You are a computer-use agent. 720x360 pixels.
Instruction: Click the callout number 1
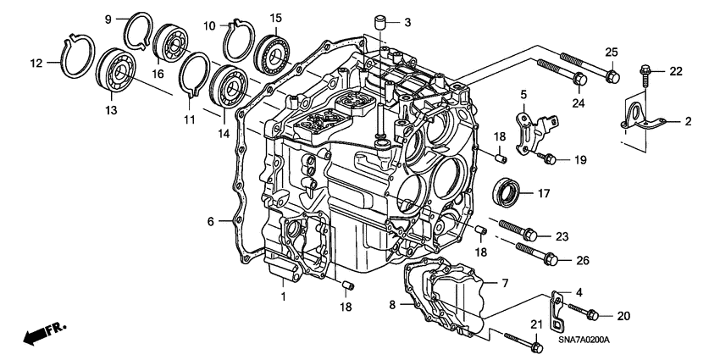coord(284,296)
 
